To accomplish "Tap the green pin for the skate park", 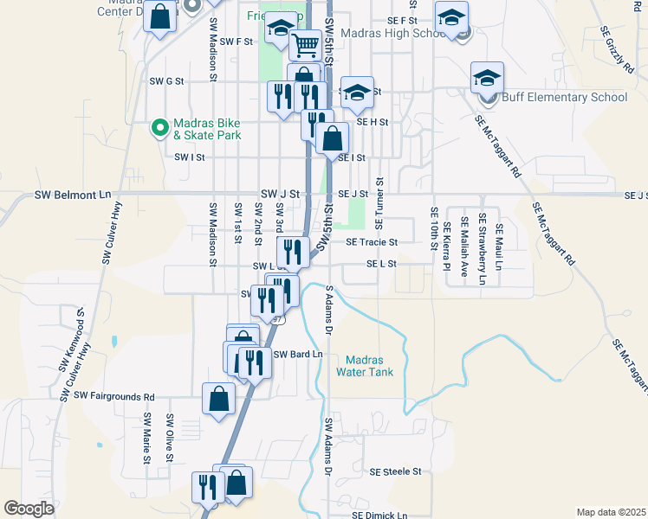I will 159,128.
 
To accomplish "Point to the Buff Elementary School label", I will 561,97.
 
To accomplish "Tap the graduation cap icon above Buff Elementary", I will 487,77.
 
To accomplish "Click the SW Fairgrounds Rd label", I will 113,396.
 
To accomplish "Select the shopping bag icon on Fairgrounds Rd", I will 219,399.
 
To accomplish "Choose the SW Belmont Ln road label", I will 74,195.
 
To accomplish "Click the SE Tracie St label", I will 371,243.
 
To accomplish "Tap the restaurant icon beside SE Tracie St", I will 293,253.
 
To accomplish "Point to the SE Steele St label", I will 394,472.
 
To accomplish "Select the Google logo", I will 29,509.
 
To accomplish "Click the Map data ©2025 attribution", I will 611,512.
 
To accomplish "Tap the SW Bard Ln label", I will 298,355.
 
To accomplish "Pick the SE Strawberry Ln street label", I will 483,250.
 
